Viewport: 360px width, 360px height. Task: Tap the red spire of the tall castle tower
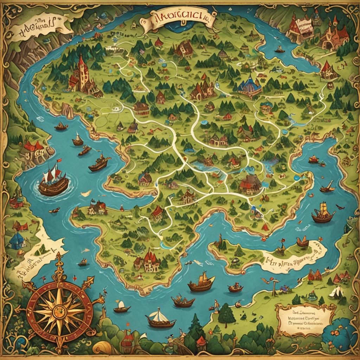81,62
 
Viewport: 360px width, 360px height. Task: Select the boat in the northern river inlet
279,50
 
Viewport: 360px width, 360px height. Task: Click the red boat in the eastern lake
313,160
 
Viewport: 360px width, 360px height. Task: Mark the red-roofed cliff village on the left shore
33,149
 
